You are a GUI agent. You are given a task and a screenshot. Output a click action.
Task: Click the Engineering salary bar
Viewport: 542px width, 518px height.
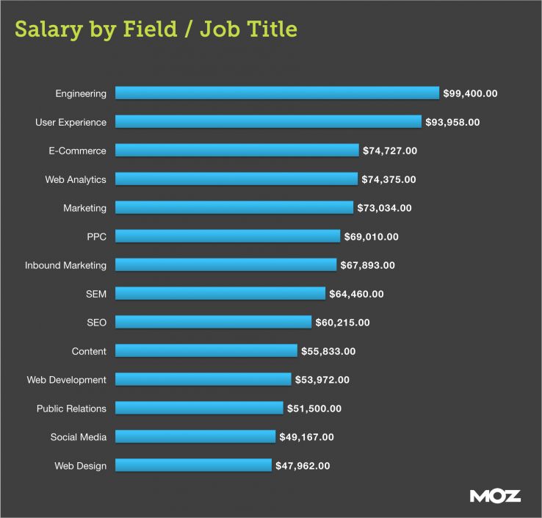click(277, 93)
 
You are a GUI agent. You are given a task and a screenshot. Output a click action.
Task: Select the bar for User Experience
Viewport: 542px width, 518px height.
click(268, 122)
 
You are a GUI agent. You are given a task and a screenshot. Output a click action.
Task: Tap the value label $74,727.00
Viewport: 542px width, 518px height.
click(390, 151)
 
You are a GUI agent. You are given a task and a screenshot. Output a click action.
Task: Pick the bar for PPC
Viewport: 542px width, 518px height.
click(228, 237)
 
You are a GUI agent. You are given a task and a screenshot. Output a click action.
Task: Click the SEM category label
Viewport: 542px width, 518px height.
click(95, 294)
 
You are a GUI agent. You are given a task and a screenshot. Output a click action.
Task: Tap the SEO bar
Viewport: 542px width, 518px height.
click(213, 323)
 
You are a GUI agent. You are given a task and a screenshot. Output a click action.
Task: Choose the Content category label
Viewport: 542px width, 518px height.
click(89, 351)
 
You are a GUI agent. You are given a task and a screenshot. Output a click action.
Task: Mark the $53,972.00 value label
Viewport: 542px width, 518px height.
click(322, 380)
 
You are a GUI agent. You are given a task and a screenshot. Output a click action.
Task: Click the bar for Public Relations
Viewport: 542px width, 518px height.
click(199, 409)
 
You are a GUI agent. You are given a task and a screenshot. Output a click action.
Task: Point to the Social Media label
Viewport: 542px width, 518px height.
click(79, 437)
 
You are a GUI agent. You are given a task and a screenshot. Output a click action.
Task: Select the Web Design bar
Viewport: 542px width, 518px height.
click(193, 466)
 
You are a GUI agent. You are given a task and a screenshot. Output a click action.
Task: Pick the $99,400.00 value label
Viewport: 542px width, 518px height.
click(470, 93)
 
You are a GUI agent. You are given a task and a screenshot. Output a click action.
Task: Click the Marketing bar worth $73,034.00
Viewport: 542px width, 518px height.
click(234, 208)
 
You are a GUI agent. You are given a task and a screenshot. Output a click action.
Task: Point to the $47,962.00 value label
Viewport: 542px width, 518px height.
click(303, 466)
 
